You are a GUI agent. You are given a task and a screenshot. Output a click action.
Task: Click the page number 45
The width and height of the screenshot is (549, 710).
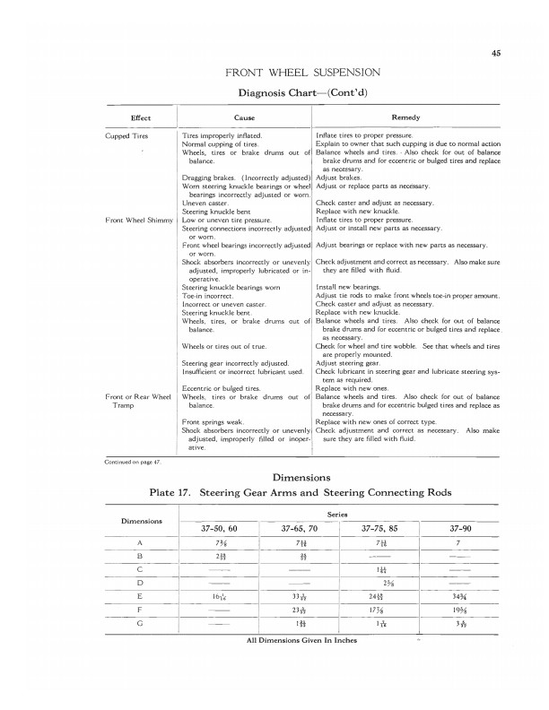(495, 52)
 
